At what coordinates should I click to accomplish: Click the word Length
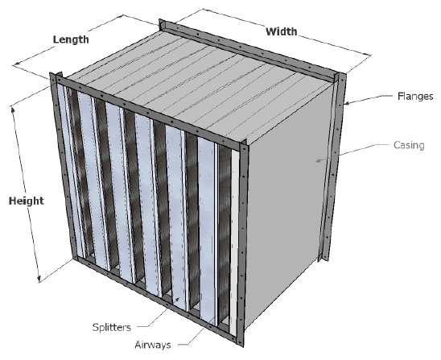click(71, 39)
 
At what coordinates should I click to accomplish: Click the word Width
click(281, 31)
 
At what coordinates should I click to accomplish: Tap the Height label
click(27, 201)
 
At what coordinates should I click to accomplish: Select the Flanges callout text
click(415, 97)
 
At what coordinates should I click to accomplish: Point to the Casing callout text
click(409, 145)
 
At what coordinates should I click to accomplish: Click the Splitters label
click(112, 327)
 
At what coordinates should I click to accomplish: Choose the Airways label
click(153, 345)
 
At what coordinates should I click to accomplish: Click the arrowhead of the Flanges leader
click(347, 103)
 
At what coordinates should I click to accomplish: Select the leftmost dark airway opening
click(81, 172)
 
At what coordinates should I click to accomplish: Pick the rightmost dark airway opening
click(225, 234)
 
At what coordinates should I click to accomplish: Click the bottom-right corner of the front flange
click(241, 346)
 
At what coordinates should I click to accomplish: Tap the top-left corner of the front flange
click(51, 74)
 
